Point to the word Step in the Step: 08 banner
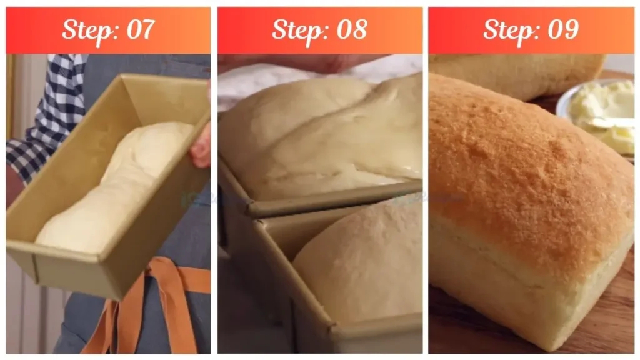[297, 29]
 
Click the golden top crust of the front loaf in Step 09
[525, 169]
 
